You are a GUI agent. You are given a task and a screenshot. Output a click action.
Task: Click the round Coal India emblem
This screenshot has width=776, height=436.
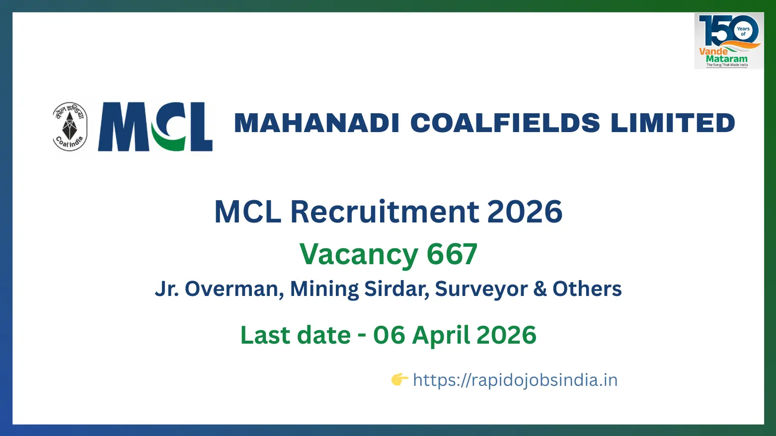[x=70, y=127]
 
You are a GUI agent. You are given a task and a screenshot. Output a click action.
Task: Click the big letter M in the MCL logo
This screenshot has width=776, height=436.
[x=123, y=127]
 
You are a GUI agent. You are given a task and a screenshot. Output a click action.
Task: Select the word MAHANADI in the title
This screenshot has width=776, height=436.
[x=316, y=123]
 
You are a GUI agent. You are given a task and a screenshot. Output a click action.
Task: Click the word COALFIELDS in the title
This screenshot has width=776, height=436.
[x=505, y=123]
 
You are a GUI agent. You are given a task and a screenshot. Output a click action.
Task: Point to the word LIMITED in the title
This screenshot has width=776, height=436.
[x=673, y=123]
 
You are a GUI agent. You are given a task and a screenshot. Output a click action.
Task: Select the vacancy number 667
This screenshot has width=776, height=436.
[x=452, y=254]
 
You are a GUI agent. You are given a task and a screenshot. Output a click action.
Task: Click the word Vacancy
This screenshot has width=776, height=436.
[x=359, y=255]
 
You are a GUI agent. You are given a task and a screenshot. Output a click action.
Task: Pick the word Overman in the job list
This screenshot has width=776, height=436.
[x=232, y=289]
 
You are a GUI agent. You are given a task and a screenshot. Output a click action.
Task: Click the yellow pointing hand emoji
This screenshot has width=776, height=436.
[x=399, y=379]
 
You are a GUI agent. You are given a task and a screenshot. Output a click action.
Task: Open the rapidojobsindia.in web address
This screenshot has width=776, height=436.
[x=516, y=380]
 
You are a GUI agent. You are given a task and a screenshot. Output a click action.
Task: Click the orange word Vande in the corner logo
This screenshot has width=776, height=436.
[x=713, y=52]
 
